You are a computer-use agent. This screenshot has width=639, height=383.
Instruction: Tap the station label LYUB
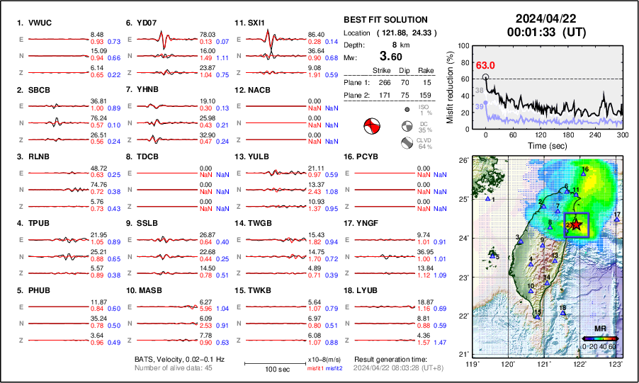coord(366,290)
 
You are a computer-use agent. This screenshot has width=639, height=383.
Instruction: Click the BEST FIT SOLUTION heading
coord(385,20)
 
